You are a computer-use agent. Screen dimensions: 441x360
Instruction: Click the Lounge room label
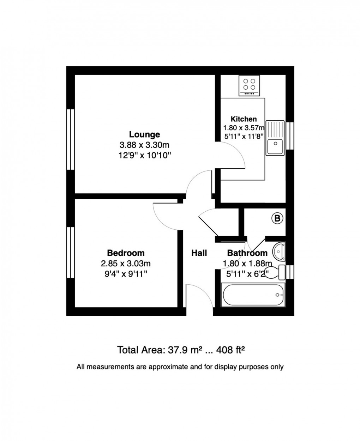(144, 134)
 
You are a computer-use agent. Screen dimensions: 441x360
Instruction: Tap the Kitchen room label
(244, 119)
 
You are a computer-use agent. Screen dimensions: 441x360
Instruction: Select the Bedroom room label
(126, 253)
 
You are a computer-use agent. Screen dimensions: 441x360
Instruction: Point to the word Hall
(199, 253)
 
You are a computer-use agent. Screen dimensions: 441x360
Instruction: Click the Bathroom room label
(247, 253)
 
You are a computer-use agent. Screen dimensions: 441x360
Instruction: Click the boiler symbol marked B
(277, 219)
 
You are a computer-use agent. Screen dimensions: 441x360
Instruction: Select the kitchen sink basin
(275, 146)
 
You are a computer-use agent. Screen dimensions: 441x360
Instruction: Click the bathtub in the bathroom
(253, 294)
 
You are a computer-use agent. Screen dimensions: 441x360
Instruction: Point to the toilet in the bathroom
(277, 272)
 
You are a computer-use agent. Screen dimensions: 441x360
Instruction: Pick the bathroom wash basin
(280, 251)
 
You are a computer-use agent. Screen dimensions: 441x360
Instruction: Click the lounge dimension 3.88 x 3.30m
(145, 145)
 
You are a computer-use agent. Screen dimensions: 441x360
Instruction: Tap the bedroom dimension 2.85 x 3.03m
(126, 264)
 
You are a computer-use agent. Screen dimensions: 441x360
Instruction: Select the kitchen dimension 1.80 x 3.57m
(244, 128)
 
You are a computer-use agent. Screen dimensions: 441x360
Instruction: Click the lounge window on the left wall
(71, 139)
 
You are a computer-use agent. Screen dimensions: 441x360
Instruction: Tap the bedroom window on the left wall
(71, 252)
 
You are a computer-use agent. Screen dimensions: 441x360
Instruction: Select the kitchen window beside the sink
(290, 135)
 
